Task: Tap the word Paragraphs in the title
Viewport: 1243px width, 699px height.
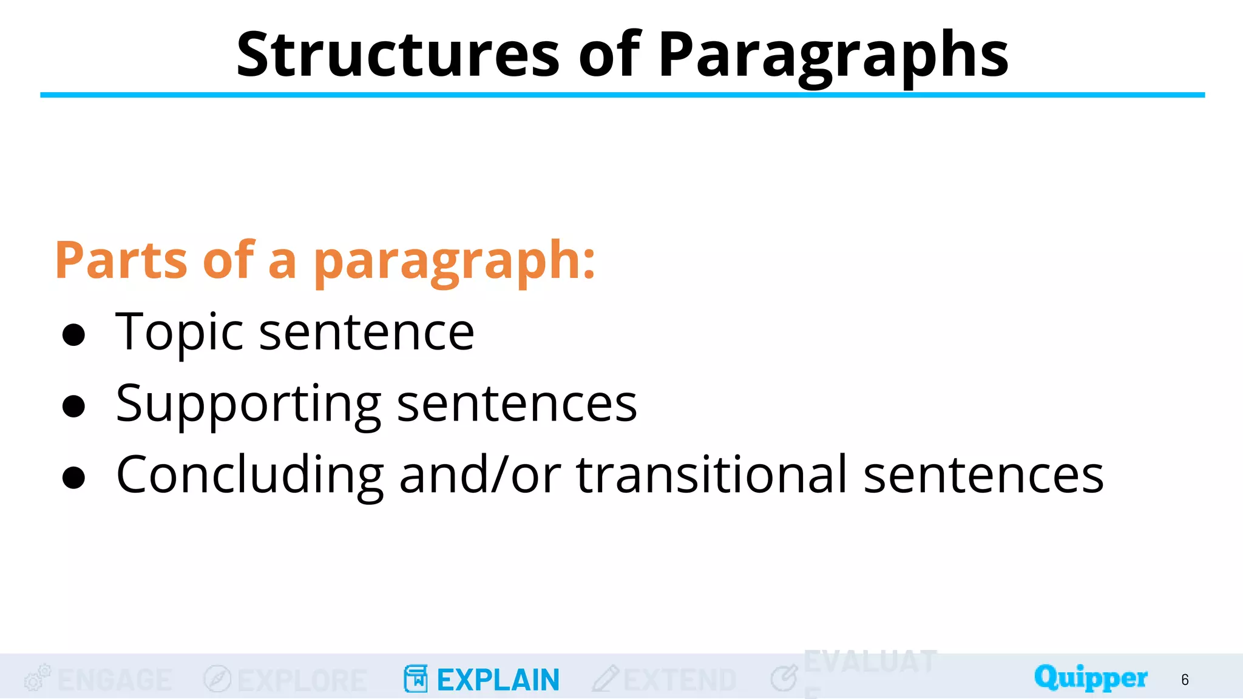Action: pos(833,56)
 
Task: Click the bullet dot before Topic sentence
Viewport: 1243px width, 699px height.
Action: pos(73,335)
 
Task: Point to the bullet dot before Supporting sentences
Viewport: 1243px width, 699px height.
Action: pos(73,407)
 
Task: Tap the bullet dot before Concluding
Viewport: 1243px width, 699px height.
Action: pos(73,478)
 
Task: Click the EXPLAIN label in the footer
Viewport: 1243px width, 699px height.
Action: pos(498,680)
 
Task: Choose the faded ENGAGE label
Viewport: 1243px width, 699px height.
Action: pos(114,680)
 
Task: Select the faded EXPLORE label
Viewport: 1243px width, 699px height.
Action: pos(302,680)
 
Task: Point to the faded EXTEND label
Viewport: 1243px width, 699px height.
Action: pos(680,680)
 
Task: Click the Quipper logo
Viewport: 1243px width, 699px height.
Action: pos(1091,678)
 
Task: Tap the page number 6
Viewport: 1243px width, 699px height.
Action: pos(1185,680)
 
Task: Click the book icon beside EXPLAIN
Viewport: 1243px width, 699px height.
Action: pos(416,678)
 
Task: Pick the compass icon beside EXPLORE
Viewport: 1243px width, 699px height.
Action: pos(217,678)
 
